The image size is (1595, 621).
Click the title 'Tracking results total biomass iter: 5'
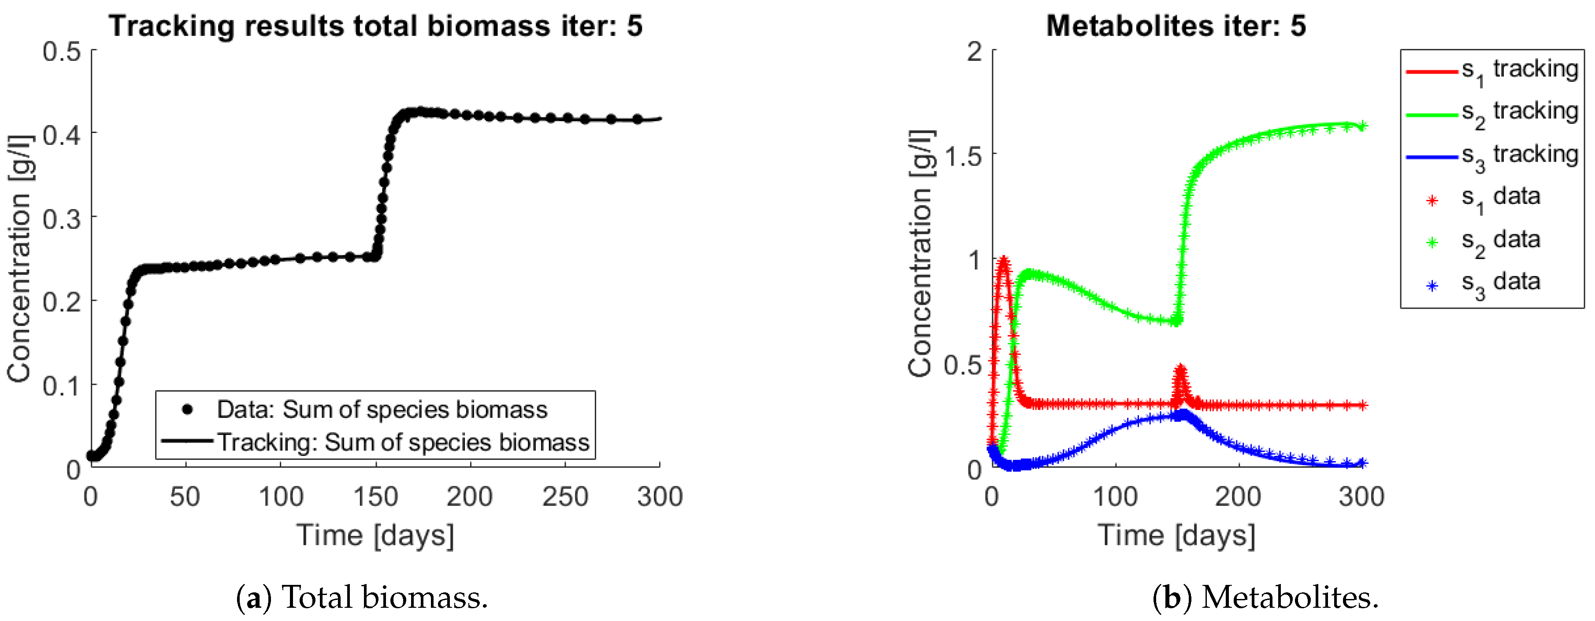tap(375, 26)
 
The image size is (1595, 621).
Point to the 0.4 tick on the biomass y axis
tap(62, 134)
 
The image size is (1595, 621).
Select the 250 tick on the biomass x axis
tap(565, 496)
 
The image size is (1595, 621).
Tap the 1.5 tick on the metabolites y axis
tap(963, 156)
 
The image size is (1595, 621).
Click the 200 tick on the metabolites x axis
tap(1238, 496)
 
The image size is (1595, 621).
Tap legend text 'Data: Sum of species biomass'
tap(382, 409)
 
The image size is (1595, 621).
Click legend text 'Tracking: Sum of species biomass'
tap(402, 442)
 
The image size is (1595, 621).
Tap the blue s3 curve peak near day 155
tap(1184, 414)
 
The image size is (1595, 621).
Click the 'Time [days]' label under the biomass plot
tap(375, 535)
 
